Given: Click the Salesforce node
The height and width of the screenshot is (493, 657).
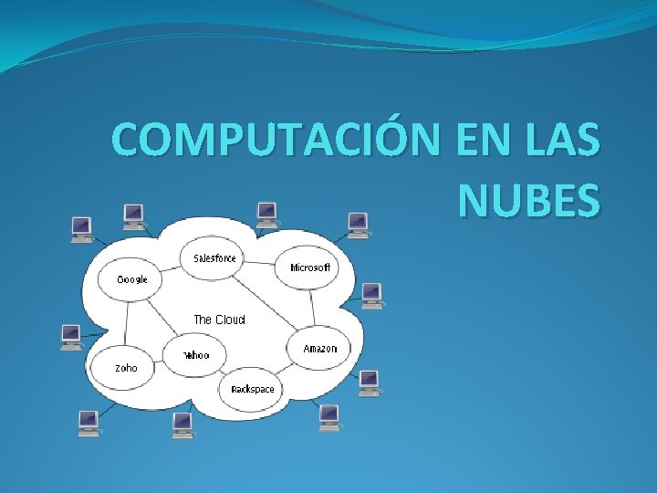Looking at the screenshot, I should (214, 258).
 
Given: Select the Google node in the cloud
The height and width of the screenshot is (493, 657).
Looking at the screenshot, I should (131, 278).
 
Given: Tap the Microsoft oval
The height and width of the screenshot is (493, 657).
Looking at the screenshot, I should (309, 267).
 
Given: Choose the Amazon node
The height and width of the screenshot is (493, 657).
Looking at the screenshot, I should (319, 348).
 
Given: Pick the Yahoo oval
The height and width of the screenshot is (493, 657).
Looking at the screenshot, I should (195, 354).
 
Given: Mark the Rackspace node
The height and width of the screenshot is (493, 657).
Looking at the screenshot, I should (252, 389).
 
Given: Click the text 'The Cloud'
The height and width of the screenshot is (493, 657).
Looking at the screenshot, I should (219, 320).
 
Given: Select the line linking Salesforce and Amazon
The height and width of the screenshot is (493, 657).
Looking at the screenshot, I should (266, 301).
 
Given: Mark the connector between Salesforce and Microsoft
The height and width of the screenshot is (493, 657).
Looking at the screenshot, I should (261, 263).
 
